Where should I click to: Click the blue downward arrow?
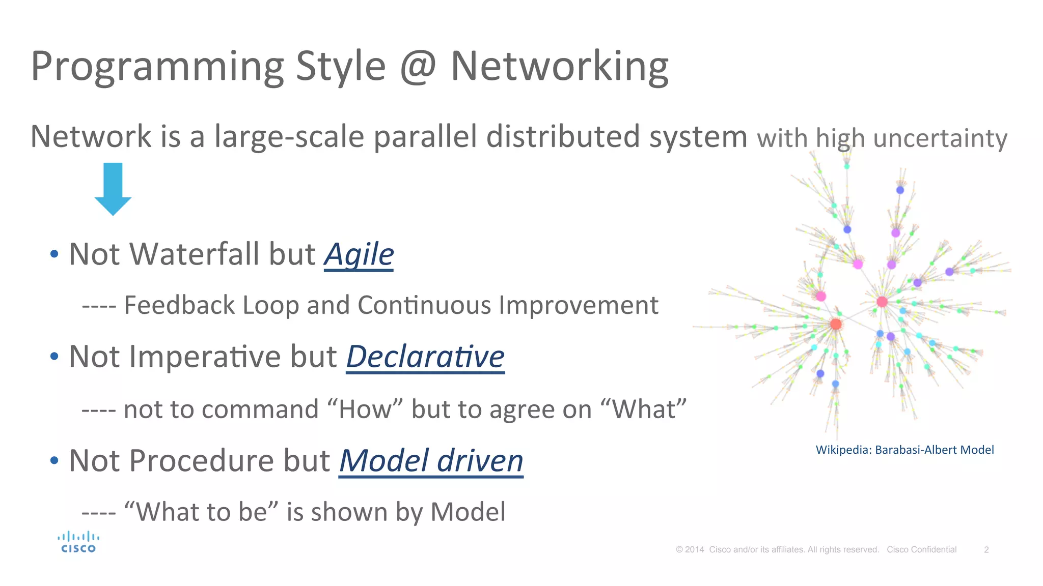point(113,188)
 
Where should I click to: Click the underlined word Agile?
point(359,254)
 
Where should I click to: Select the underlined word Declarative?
point(425,357)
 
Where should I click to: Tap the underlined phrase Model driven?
point(431,461)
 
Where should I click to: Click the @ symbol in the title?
point(418,66)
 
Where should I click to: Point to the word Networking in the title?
point(559,66)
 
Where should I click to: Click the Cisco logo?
point(78,542)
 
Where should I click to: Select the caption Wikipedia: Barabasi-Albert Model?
point(904,450)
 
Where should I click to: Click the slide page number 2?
point(986,549)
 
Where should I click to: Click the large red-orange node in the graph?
point(836,324)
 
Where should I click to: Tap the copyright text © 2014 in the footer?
point(690,549)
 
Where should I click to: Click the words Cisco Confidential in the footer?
point(921,549)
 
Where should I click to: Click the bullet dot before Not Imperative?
point(54,357)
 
